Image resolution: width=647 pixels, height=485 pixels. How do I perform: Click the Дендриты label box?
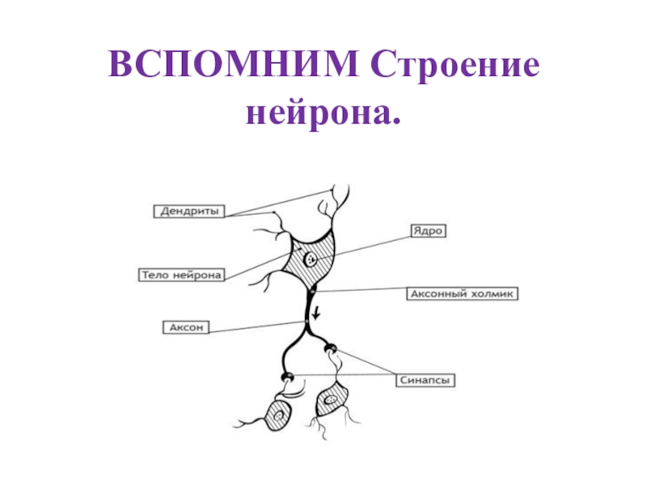pyautogui.click(x=189, y=211)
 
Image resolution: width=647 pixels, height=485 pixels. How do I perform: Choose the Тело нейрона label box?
pyautogui.click(x=179, y=275)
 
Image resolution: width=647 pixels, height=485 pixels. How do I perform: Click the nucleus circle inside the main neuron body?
pyautogui.click(x=310, y=260)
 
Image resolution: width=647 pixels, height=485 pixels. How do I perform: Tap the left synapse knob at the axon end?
pyautogui.click(x=287, y=377)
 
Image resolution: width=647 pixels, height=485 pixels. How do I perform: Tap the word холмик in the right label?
pyautogui.click(x=492, y=294)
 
